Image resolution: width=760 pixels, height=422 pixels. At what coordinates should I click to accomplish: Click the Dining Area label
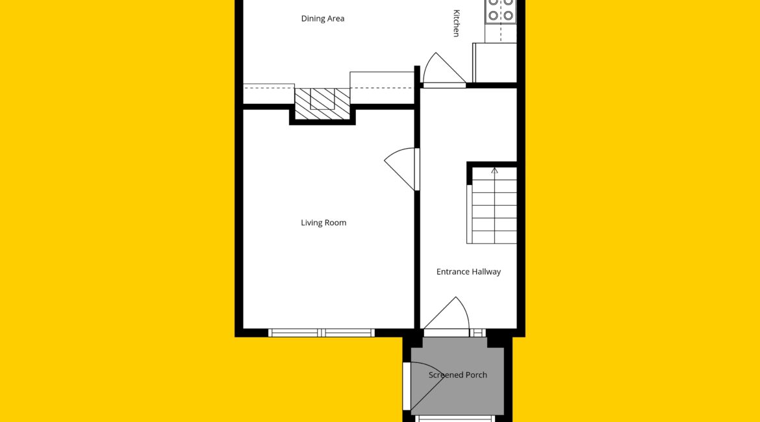point(322,18)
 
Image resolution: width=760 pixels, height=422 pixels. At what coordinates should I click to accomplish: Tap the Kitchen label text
point(456,23)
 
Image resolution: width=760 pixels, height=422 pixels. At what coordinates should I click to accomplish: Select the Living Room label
point(323,223)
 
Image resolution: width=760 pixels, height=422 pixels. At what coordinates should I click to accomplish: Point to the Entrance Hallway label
point(468,272)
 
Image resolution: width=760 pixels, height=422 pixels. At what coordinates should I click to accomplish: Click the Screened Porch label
point(457,375)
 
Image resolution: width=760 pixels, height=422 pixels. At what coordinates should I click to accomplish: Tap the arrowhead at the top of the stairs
point(494,171)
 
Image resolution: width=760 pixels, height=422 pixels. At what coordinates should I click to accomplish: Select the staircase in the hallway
point(492,205)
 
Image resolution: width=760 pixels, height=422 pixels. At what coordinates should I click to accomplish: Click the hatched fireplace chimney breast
point(322,104)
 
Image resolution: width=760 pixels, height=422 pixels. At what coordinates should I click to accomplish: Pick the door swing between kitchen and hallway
point(444,69)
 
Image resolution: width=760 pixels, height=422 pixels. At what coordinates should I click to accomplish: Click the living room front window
point(322,333)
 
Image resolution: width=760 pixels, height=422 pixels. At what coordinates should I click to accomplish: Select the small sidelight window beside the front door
point(477,333)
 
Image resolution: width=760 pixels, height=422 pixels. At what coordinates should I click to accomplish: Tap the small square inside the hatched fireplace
point(322,99)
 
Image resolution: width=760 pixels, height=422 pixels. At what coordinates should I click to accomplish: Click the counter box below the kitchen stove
point(494,63)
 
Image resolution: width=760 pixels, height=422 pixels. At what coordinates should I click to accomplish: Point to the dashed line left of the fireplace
point(268,88)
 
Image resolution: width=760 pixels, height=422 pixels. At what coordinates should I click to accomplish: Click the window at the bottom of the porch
point(455,419)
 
